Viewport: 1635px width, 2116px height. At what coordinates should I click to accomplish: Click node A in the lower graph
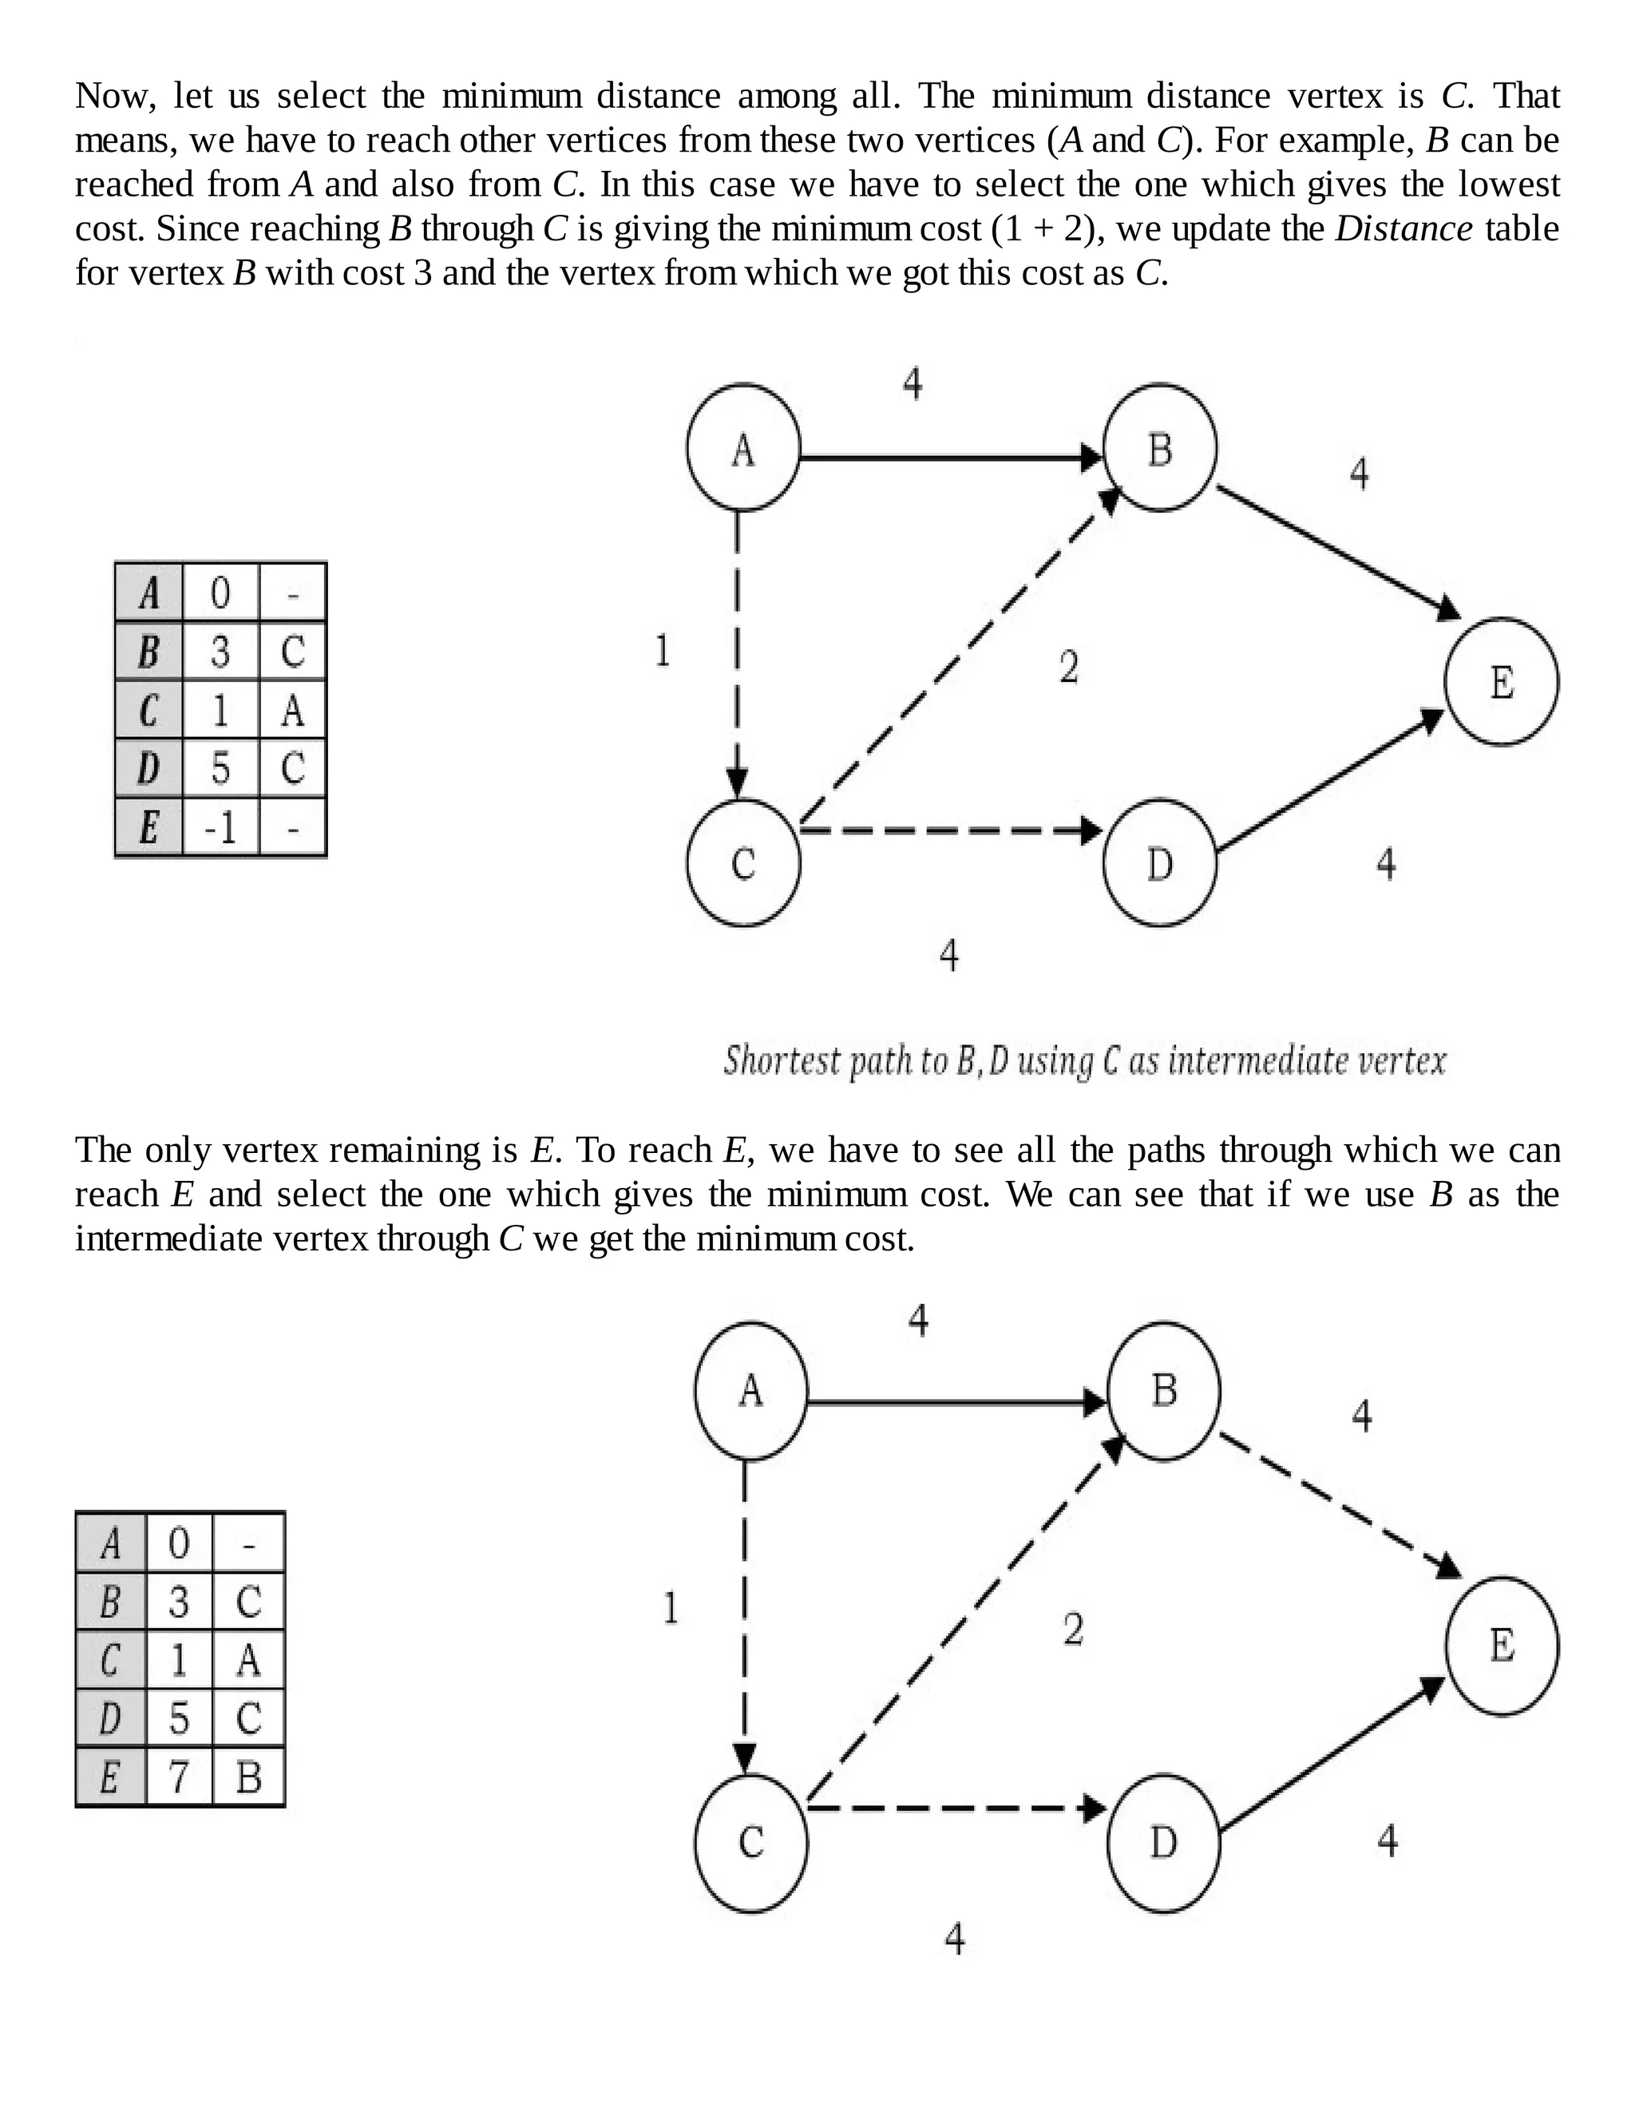[750, 1390]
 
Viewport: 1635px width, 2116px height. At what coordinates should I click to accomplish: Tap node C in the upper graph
[743, 862]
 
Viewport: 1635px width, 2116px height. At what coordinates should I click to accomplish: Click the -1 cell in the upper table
[221, 827]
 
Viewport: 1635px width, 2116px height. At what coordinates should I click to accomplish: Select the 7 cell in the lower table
[179, 1777]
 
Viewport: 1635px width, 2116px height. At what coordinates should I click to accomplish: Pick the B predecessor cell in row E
[249, 1777]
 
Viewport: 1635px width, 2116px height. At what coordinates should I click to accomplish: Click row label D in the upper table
[148, 768]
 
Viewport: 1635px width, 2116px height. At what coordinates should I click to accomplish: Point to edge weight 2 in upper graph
[1068, 667]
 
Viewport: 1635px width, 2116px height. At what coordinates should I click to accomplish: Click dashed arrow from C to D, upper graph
[949, 830]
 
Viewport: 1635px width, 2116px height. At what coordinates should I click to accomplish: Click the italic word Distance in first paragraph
[1403, 228]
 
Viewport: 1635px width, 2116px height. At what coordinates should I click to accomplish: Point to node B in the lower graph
[1163, 1390]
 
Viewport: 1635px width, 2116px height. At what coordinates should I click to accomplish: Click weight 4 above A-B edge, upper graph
[912, 383]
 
